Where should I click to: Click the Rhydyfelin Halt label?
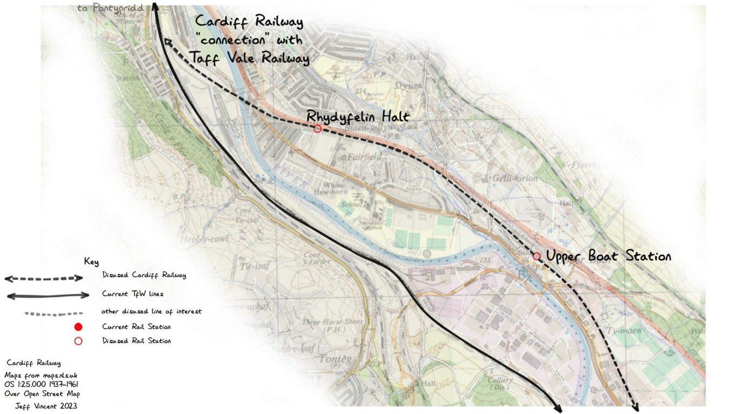tap(358, 116)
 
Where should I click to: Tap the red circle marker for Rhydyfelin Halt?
tap(317, 128)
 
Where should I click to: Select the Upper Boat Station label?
tap(609, 256)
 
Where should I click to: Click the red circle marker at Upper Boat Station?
tap(536, 256)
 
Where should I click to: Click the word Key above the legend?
tap(91, 262)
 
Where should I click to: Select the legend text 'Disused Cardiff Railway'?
tap(144, 275)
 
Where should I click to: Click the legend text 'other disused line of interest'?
tap(152, 311)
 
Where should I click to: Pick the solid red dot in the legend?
tap(78, 326)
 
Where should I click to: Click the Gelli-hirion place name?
tap(514, 178)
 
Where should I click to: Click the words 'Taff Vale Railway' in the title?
tap(250, 57)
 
